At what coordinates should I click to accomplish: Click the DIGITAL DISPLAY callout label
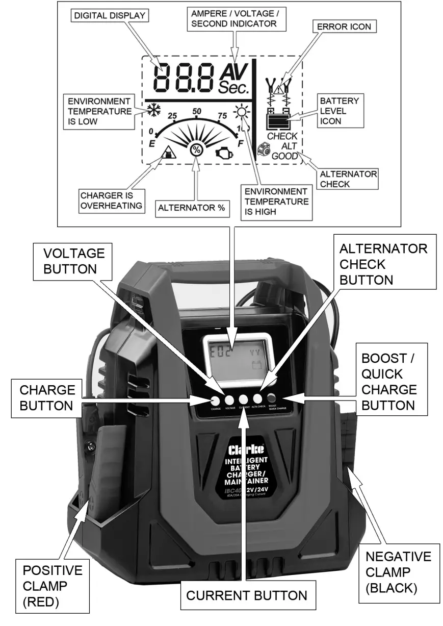coord(109,16)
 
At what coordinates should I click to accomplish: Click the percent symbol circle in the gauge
coord(196,150)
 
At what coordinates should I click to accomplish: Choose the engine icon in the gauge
coord(224,152)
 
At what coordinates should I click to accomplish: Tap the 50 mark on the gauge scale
coord(196,111)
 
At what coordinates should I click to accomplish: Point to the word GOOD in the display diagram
coord(284,156)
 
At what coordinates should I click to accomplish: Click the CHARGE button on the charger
coord(215,400)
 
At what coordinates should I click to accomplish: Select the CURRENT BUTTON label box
coord(247,595)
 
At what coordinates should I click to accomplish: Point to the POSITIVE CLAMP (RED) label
coord(45,586)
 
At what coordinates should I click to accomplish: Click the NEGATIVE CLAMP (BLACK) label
coord(391,572)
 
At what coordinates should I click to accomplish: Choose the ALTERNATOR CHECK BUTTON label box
coord(383,264)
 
